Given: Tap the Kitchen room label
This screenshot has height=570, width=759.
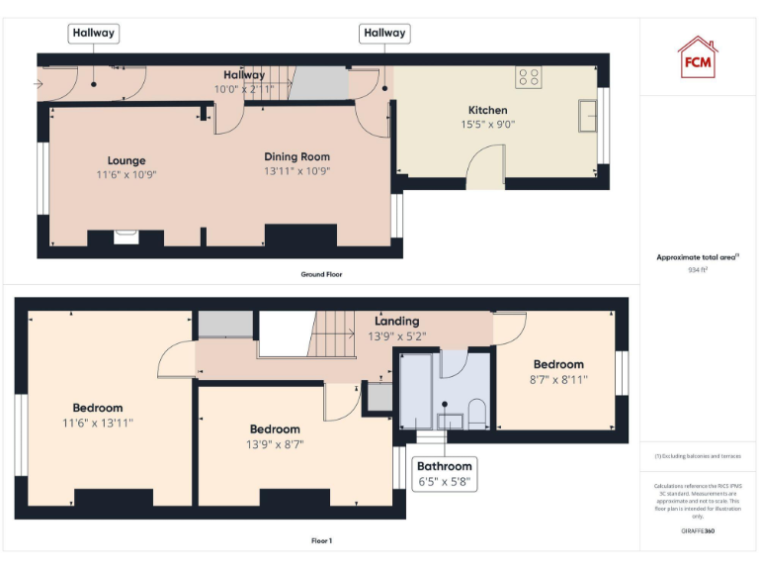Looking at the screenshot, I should pos(487,110).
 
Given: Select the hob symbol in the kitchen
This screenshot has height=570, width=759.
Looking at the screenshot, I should pos(528,77).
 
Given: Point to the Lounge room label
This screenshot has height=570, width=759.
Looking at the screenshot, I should pos(126,160).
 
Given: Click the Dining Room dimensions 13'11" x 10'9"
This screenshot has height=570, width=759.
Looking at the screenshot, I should pos(296,171).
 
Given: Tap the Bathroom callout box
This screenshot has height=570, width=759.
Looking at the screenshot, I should pos(445,474).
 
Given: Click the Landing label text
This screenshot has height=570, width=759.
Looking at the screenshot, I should pos(396,321).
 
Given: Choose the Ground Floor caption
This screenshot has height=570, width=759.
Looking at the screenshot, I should pos(322,274).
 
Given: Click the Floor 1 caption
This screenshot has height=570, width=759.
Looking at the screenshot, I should pos(321,541).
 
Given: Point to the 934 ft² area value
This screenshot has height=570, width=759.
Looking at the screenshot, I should pos(698,269).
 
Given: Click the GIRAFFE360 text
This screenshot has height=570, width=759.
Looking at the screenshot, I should pos(698,531).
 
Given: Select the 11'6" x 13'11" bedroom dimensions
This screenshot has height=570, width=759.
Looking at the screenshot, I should pos(97,423).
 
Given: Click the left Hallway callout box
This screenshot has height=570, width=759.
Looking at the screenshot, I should pos(93,33).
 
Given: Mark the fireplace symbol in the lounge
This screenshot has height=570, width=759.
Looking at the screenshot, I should pos(126,236).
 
